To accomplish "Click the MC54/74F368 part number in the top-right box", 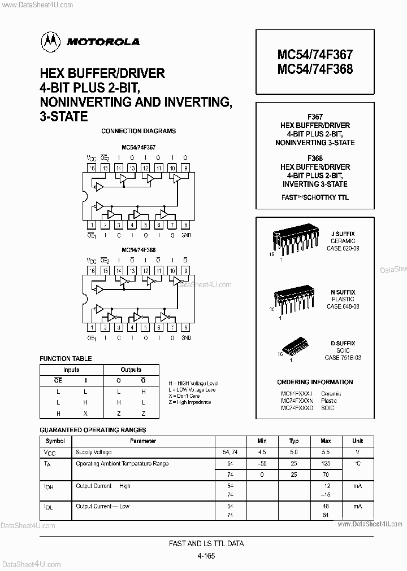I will click(315, 69).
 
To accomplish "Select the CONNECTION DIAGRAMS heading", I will click(138, 131).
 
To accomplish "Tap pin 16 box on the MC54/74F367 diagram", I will click(92, 168).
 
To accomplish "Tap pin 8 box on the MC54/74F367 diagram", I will click(186, 225).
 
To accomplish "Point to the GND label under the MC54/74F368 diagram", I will click(186, 337).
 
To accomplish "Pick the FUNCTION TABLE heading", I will click(66, 359).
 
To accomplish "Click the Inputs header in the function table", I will click(71, 370).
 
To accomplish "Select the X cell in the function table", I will click(85, 414).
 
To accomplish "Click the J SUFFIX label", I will click(343, 234).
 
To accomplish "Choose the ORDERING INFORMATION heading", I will click(315, 382).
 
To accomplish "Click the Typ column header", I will click(293, 441).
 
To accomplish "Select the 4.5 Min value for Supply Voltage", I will click(262, 453).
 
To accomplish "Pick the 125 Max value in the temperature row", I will click(326, 464).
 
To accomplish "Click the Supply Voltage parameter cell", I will click(94, 453).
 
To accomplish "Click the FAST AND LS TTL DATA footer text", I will click(206, 544).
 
